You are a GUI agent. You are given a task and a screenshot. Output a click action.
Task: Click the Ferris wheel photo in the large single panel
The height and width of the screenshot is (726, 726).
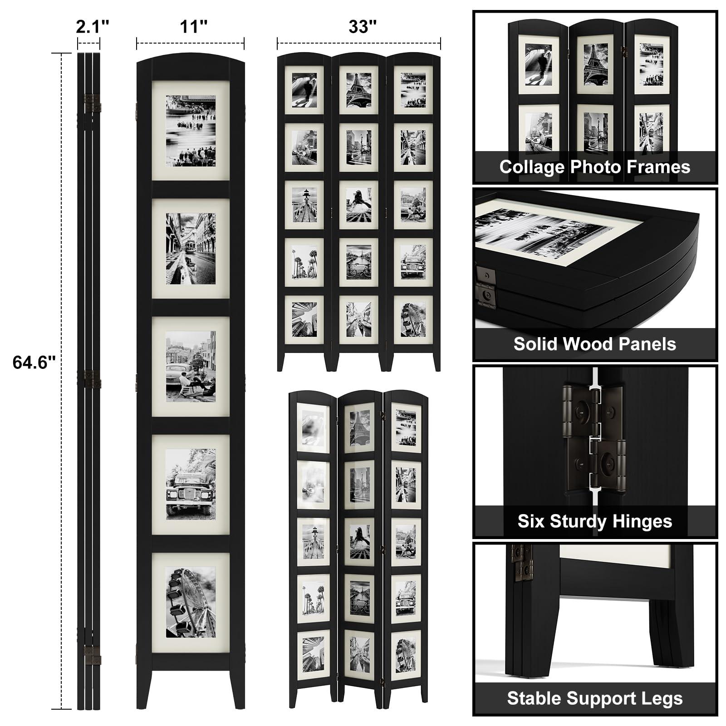pos(191,602)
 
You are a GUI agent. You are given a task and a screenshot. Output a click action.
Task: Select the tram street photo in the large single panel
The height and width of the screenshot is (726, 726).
pos(191,249)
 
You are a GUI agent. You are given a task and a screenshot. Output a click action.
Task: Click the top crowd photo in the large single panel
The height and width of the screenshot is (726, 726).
pos(191,131)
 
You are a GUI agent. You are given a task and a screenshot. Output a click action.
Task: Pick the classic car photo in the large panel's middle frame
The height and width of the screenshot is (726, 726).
pos(191,367)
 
